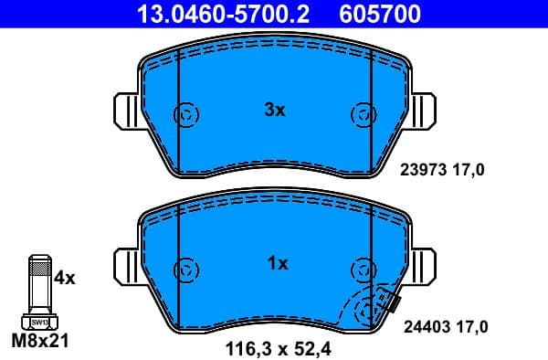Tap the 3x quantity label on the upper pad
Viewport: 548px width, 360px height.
pyautogui.click(x=274, y=110)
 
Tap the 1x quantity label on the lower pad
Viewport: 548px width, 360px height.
pyautogui.click(x=277, y=263)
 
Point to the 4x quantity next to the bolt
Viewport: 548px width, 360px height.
pyautogui.click(x=65, y=276)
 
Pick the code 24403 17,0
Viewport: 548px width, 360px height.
pyautogui.click(x=447, y=324)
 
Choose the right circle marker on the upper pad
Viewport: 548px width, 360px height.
pyautogui.click(x=364, y=115)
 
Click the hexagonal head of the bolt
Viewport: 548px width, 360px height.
pyautogui.click(x=39, y=322)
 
